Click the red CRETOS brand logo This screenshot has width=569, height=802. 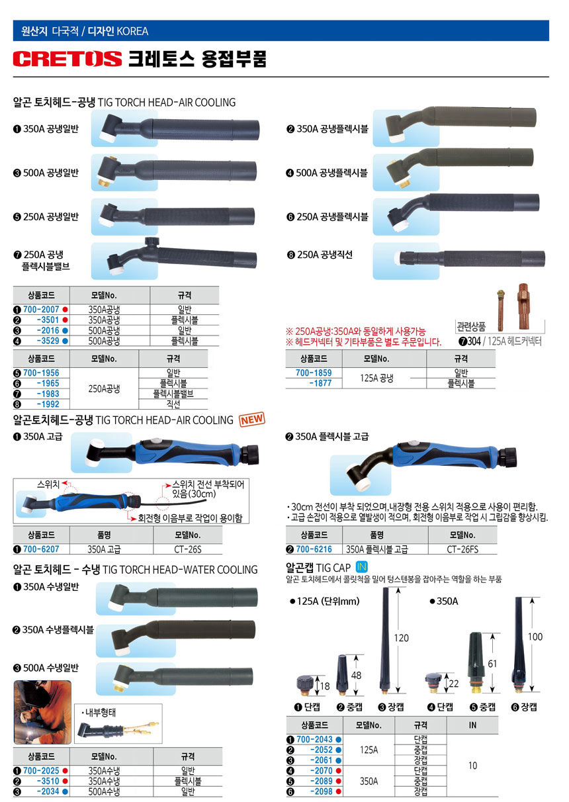[x=67, y=59]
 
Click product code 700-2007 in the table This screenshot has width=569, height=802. [x=41, y=309]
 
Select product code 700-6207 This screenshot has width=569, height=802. [x=41, y=549]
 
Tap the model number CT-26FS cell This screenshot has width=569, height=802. [x=462, y=549]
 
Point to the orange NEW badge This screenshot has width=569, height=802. [x=252, y=420]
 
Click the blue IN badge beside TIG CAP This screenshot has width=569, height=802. [x=362, y=567]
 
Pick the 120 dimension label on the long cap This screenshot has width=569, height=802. [x=401, y=638]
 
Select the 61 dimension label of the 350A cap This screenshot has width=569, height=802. [x=492, y=664]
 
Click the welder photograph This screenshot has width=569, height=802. [x=42, y=712]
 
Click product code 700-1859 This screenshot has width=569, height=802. [x=314, y=373]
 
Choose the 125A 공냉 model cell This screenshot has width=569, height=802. [x=376, y=378]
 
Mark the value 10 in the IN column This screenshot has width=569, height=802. [x=472, y=766]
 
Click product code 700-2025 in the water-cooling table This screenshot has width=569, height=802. [x=41, y=770]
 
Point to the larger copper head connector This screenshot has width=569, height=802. [x=524, y=306]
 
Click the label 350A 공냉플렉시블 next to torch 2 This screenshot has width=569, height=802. [x=332, y=129]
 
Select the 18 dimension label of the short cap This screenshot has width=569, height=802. [x=325, y=686]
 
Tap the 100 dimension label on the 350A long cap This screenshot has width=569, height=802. [x=535, y=637]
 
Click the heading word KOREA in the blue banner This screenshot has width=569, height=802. [x=132, y=32]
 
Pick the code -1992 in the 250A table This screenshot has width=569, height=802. [x=48, y=404]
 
